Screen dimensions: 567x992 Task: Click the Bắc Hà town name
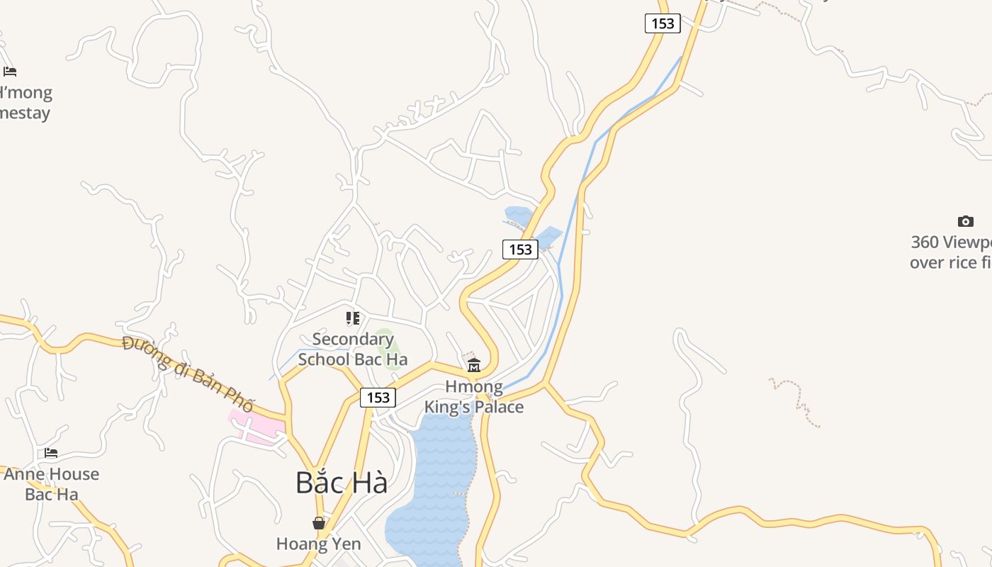(342, 483)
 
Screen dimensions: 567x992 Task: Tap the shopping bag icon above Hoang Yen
(319, 523)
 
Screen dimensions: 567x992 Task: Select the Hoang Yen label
(319, 544)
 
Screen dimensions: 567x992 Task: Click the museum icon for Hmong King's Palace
(474, 365)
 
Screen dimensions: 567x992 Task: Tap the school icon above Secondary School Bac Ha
(353, 318)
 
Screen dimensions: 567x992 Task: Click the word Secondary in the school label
(353, 339)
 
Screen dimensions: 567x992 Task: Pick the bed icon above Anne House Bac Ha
(51, 453)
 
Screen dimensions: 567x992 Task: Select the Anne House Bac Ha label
(51, 483)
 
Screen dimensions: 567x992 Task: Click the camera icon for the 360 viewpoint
(965, 221)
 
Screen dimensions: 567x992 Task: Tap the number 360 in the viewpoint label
(925, 242)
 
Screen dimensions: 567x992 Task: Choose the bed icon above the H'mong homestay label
(10, 72)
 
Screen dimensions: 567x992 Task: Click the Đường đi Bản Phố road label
(188, 374)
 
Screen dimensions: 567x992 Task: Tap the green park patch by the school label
(387, 343)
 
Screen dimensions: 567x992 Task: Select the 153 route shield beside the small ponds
(520, 249)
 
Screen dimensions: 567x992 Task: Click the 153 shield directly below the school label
(378, 398)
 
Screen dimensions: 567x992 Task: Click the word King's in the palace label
(449, 407)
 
